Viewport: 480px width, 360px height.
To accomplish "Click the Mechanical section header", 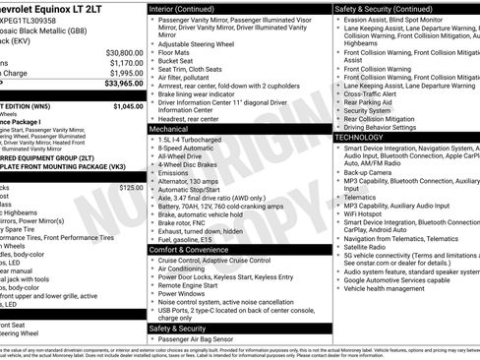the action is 169,129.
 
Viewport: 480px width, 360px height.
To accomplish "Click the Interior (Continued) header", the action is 190,8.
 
